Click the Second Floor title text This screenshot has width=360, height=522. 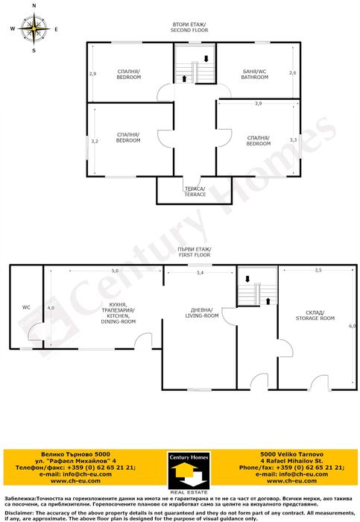(x=189, y=28)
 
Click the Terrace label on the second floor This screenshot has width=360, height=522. (x=195, y=192)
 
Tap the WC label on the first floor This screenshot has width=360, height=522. (x=26, y=306)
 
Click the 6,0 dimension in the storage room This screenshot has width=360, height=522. (x=352, y=326)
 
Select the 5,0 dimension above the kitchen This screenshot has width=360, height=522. (x=115, y=271)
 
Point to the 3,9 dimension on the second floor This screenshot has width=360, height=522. (x=258, y=104)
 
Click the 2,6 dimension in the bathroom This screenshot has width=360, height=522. (x=293, y=73)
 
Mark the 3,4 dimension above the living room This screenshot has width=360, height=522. (x=200, y=274)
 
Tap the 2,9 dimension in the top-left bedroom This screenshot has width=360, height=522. (x=93, y=74)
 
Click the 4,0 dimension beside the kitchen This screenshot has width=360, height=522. (x=51, y=307)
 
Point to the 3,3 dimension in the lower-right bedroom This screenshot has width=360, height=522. (x=293, y=139)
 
